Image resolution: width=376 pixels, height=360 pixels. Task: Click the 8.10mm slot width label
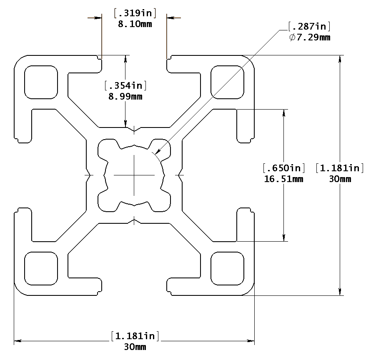[135, 24]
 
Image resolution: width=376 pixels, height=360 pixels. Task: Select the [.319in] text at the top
[135, 14]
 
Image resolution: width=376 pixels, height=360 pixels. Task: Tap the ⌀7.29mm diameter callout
[309, 38]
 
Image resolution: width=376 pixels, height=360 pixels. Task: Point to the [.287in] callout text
[309, 27]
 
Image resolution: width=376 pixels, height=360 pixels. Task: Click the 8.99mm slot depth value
[125, 97]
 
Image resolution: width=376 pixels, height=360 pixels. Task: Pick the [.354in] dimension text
[125, 86]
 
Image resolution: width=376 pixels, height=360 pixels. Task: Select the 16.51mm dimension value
[283, 179]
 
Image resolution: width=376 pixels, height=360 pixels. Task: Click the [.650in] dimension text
[283, 168]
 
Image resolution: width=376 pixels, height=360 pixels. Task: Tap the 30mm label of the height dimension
[340, 179]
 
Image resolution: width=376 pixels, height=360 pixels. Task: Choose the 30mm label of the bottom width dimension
[135, 347]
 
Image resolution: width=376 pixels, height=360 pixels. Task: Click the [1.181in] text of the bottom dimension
[135, 336]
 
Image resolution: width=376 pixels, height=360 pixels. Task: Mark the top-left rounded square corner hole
[41, 82]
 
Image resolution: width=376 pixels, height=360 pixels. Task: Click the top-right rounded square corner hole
[227, 82]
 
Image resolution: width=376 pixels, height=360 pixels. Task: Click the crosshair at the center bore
[134, 175]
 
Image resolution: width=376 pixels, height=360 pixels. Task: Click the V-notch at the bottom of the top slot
[134, 130]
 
